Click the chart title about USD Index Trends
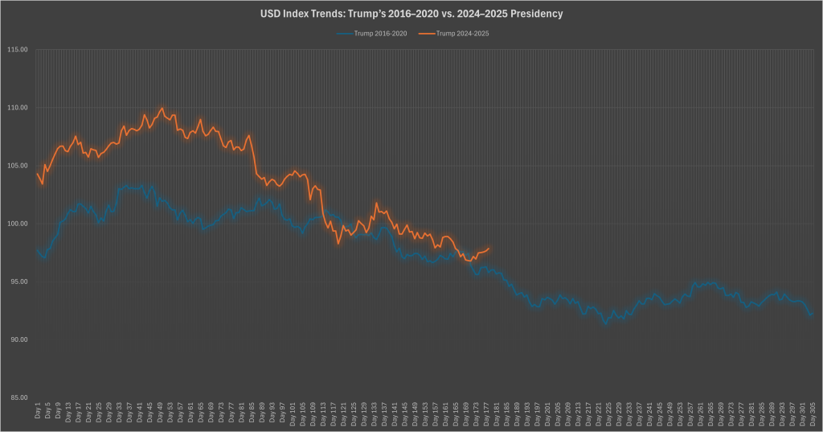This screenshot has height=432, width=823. [411, 14]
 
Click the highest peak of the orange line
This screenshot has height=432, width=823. [162, 108]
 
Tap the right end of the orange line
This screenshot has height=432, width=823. [489, 249]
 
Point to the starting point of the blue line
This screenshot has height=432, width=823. [37, 250]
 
